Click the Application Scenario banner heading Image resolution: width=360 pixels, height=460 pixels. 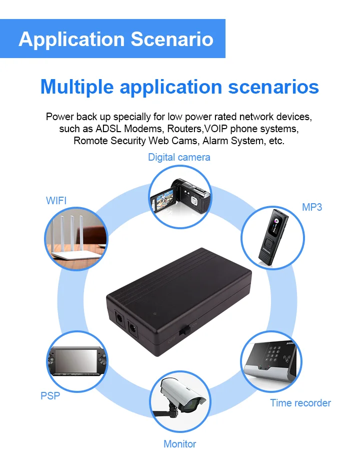pos(115,39)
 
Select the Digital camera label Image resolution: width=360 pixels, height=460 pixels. pos(179,157)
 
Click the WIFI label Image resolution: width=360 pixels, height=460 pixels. pos(56,201)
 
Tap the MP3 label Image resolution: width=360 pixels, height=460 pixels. pos(312,207)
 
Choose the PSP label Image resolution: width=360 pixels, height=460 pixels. pos(50,396)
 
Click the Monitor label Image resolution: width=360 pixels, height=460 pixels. pos(179,443)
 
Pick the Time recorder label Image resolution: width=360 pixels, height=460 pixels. pos(300,403)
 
